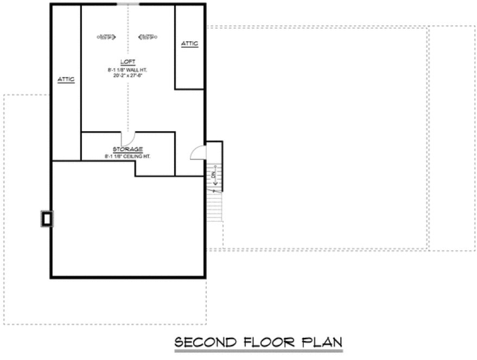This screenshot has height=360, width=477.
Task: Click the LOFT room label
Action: (x=128, y=61)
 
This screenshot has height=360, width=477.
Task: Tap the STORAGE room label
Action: (x=128, y=149)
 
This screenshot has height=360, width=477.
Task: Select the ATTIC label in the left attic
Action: (x=66, y=79)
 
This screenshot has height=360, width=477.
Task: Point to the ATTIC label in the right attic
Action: (x=189, y=43)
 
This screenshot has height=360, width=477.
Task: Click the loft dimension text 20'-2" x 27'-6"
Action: (x=128, y=75)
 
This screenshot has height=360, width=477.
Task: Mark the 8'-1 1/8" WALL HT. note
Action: (x=128, y=69)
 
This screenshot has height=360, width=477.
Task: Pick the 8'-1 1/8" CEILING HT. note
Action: (x=128, y=156)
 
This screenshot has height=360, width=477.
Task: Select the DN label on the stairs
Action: (x=214, y=175)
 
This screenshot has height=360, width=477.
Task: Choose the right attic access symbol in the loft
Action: (x=148, y=37)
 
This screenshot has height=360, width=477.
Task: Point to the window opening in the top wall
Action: (x=128, y=4)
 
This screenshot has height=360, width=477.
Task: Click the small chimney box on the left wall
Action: (x=47, y=218)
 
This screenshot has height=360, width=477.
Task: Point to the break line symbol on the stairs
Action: (x=215, y=191)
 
